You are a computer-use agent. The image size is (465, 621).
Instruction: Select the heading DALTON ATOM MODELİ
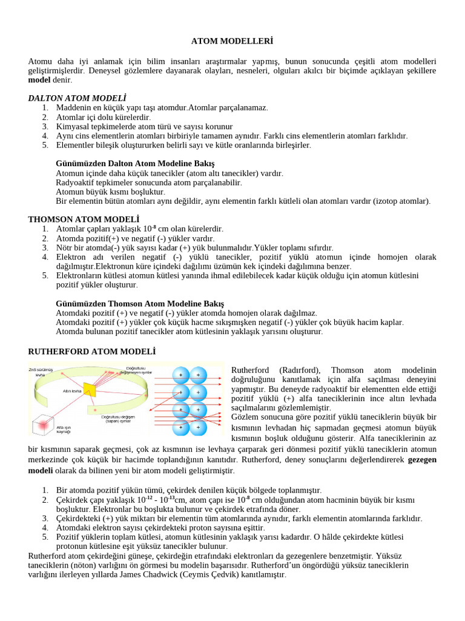pos(77,98)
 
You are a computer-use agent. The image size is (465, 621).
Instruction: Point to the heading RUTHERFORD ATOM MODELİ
pos(92,351)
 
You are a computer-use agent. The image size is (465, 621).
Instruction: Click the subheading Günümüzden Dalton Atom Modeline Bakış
pos(134,164)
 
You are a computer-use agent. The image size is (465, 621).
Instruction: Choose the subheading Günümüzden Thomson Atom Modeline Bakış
pos(139,303)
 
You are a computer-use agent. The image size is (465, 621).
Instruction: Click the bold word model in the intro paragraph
pos(39,80)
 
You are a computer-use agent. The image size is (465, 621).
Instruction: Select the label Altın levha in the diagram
pos(73,391)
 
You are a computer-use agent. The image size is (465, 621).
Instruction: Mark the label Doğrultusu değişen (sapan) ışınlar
pos(118,419)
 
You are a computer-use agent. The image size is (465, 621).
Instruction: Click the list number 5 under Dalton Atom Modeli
pos(45,146)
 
